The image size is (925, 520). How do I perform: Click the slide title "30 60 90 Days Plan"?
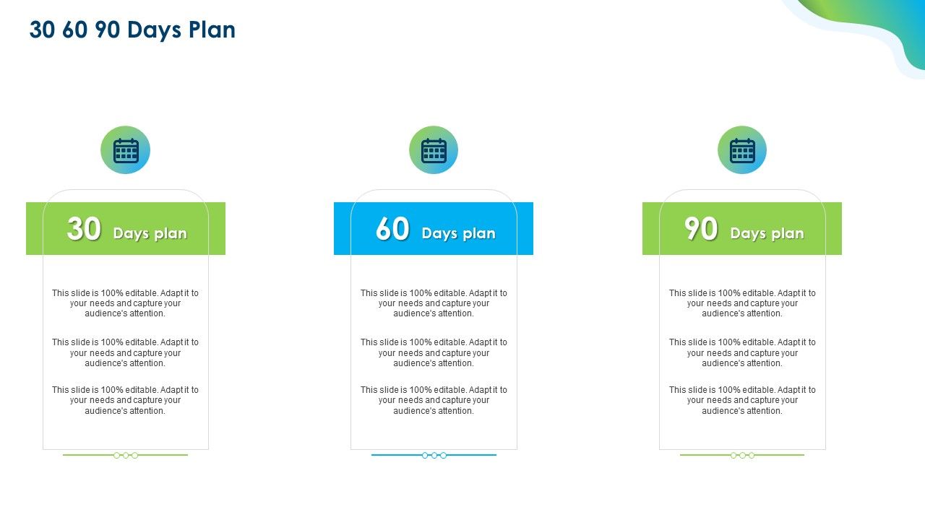(x=132, y=30)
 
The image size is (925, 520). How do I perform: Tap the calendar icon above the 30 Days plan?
(x=125, y=150)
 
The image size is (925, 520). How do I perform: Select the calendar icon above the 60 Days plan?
(x=434, y=150)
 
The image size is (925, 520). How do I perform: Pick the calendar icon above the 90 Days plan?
(x=742, y=150)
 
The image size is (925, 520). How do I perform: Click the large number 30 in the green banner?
(x=84, y=230)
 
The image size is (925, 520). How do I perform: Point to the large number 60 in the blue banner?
(x=392, y=230)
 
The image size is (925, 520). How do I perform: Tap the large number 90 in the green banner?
(x=701, y=230)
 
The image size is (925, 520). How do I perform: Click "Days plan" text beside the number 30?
(x=150, y=233)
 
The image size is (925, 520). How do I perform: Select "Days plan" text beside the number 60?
(x=459, y=233)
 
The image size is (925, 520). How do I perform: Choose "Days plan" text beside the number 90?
(x=767, y=233)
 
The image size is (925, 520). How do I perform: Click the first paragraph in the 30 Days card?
(x=125, y=303)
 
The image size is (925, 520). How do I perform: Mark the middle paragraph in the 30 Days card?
(x=125, y=352)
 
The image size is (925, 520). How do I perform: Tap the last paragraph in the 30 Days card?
(x=125, y=400)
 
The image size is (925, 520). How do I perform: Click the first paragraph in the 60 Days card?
(x=434, y=303)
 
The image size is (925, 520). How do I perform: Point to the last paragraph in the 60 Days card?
(x=434, y=400)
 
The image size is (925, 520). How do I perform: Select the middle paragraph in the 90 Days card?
(x=742, y=352)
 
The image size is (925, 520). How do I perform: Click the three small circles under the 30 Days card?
(x=126, y=455)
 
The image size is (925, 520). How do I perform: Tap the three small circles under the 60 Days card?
(x=434, y=455)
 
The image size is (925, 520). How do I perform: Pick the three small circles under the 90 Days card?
(x=742, y=455)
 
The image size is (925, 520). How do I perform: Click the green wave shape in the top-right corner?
(x=867, y=18)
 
